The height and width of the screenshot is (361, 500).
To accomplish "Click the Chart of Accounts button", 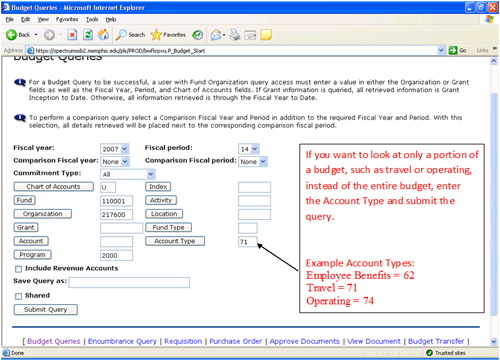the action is (55, 187).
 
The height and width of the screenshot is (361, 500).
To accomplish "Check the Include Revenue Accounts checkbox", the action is (19, 269).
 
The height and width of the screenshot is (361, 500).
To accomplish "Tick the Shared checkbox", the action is (19, 296).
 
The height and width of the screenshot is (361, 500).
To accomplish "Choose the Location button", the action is (165, 214).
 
